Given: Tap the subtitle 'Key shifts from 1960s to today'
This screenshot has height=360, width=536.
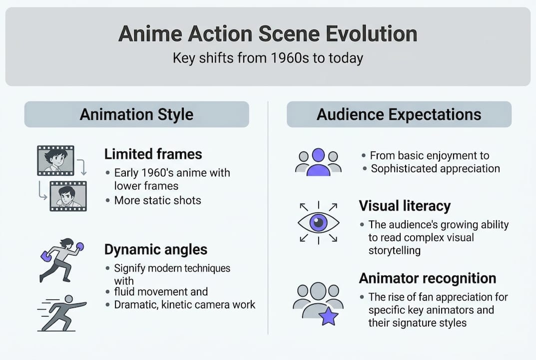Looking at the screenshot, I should (x=268, y=58).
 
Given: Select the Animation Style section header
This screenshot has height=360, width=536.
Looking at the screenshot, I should (x=136, y=114).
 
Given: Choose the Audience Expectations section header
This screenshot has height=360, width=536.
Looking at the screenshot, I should (x=399, y=114).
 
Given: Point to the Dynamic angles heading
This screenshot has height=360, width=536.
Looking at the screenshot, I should (x=156, y=249).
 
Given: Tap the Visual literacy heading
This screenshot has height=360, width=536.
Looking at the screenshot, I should (x=405, y=205).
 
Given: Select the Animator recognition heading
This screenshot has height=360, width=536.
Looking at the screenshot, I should (x=428, y=278).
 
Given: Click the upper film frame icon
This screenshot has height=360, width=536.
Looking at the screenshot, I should (x=55, y=160).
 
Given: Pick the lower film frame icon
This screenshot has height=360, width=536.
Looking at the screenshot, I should (x=68, y=195).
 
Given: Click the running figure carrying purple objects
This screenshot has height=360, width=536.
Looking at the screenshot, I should (x=61, y=259).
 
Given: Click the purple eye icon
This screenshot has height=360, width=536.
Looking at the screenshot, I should (x=318, y=222).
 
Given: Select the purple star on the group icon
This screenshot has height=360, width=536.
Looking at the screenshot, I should (x=329, y=316).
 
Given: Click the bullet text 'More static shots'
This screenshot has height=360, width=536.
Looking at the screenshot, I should (x=157, y=200).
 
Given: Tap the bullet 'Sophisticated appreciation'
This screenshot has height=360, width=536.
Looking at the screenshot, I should (x=435, y=168).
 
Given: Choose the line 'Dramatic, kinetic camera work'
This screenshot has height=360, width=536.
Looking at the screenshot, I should (x=184, y=304).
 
